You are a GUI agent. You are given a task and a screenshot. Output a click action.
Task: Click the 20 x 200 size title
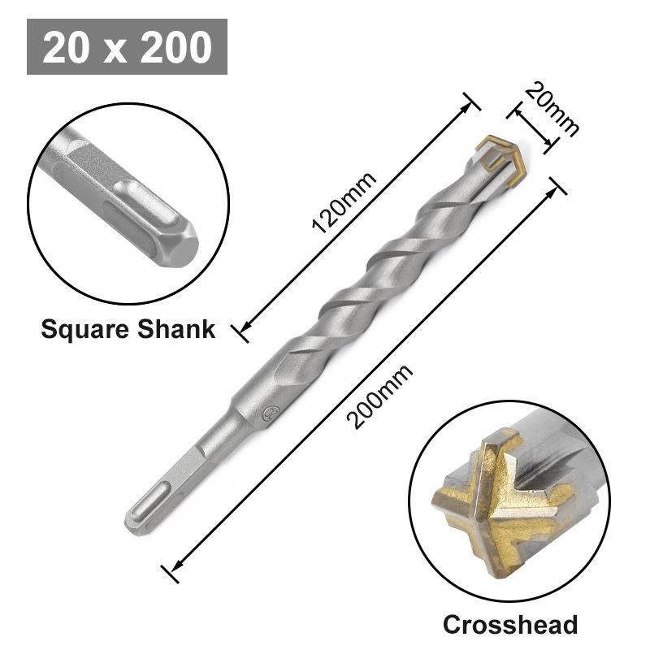127,47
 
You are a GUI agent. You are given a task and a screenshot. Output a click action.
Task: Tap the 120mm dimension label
345,203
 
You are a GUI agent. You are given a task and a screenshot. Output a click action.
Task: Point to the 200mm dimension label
379,397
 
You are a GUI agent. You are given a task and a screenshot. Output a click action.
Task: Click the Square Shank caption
128,329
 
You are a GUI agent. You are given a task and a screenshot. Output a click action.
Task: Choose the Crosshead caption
509,624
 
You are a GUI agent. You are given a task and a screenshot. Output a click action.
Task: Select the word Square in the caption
84,329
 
